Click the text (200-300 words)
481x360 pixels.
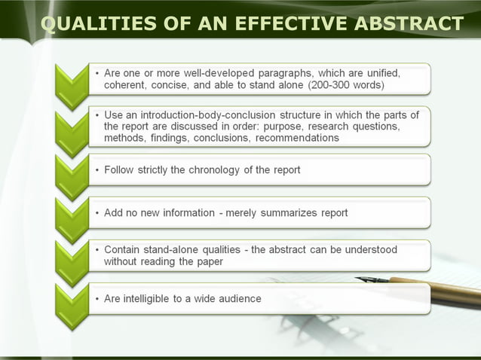(x=346, y=85)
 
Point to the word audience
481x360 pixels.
(x=237, y=298)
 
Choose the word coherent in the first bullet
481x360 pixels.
(x=126, y=85)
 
